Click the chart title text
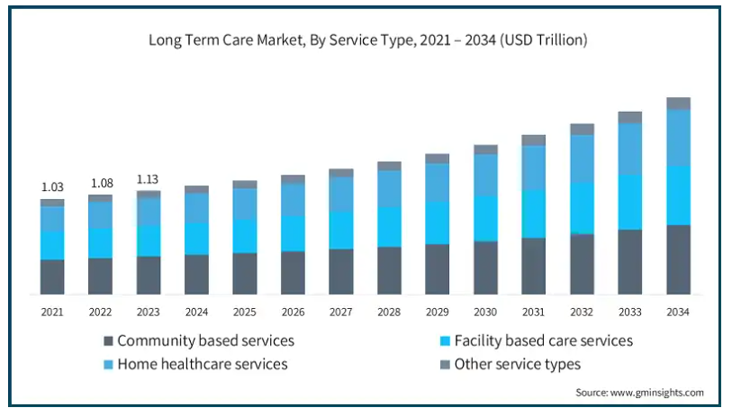[367, 40]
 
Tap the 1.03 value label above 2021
[52, 187]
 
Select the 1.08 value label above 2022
[101, 183]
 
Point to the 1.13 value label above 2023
[149, 178]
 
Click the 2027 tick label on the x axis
[341, 312]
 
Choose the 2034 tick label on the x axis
[678, 312]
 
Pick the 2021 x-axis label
[52, 312]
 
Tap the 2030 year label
[485, 312]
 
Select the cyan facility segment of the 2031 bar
[534, 214]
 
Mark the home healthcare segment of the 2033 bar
[630, 149]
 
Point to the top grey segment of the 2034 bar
[678, 104]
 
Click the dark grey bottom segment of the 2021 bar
[52, 276]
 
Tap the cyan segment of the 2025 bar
[245, 236]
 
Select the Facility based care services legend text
[544, 340]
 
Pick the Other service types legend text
[518, 364]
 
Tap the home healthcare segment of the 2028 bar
[389, 188]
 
